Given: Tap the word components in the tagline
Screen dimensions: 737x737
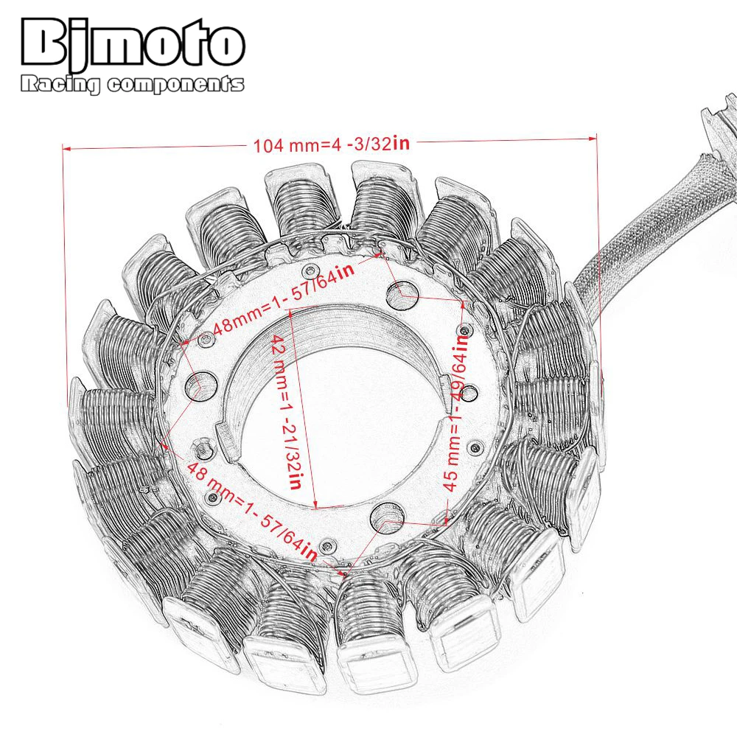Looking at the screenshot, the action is point(175,85).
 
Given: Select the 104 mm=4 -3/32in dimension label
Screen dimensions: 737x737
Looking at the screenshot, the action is point(332,144).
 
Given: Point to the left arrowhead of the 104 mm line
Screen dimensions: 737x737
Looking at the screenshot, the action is point(66,149).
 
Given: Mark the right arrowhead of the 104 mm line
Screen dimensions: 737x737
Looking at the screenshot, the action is point(593,139).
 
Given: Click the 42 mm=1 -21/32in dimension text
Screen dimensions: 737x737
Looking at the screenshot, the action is point(287,412).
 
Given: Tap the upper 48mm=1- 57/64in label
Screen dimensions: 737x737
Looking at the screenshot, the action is point(284,298).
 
